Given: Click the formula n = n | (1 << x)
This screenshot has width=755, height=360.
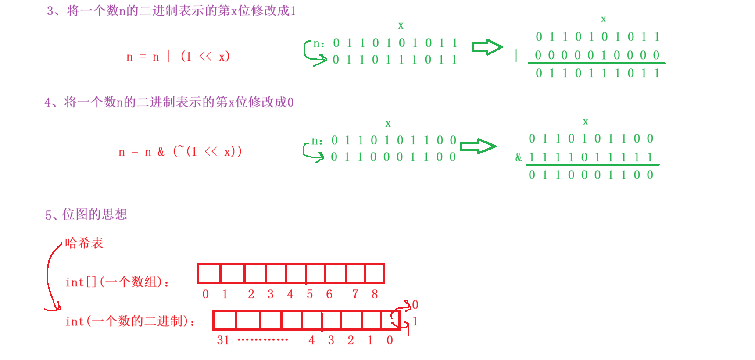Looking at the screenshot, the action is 178,57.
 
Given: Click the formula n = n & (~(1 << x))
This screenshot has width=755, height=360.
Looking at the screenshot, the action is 180,152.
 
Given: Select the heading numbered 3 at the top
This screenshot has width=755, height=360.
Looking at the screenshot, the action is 171,11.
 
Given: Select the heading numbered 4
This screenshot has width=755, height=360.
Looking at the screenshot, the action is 169,102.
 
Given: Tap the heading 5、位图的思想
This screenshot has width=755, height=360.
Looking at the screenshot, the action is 86,214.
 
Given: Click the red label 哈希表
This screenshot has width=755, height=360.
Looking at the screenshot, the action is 84,243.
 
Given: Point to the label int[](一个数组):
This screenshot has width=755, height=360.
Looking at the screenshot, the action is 117,282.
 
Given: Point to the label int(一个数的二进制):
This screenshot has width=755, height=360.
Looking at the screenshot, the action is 130,321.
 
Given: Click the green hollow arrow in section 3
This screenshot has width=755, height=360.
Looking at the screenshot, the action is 487,47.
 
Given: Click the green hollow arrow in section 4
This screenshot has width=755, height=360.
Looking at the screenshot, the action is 478,146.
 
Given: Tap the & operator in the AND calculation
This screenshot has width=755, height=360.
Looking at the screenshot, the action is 519,157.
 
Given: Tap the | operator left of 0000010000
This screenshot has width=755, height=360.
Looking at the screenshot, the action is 516,55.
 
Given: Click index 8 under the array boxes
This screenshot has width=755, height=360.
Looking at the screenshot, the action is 375,294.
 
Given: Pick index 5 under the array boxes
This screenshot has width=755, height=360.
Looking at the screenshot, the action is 310,294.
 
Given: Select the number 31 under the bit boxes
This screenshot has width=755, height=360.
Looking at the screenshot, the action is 223,340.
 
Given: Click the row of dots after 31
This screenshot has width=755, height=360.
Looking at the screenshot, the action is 262,340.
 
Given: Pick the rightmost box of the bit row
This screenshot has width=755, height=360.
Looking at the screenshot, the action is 390,321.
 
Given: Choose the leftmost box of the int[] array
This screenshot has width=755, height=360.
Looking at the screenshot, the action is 209,274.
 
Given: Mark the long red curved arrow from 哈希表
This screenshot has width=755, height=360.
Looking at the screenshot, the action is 49,276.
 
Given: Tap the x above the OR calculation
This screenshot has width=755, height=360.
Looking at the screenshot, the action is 603,19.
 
